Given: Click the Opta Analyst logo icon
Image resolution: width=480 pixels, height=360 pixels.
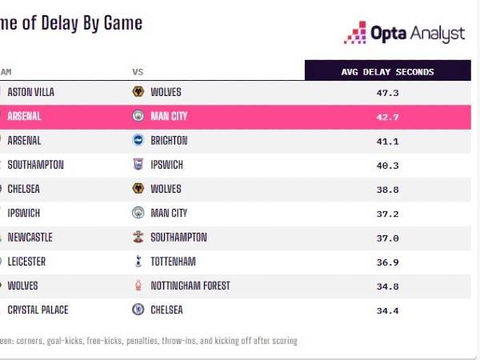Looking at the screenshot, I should pyautogui.click(x=354, y=32).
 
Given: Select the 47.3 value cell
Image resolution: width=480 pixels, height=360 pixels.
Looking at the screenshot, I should pyautogui.click(x=387, y=93).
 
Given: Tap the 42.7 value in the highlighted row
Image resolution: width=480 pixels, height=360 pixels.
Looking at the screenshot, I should pyautogui.click(x=387, y=117).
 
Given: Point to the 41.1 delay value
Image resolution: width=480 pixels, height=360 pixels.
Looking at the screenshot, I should pyautogui.click(x=387, y=141).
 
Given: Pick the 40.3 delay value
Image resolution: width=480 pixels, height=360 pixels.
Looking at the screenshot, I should pyautogui.click(x=387, y=165).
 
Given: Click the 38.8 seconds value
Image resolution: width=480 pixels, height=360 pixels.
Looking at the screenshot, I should pyautogui.click(x=387, y=190).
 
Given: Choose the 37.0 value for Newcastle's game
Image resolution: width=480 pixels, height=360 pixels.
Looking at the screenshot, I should pyautogui.click(x=387, y=238).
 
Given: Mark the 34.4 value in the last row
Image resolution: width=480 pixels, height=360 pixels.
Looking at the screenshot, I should pyautogui.click(x=387, y=310).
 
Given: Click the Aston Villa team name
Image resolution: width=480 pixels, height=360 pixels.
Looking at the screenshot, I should pyautogui.click(x=30, y=93).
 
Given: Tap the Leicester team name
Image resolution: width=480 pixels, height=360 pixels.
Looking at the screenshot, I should pyautogui.click(x=26, y=262).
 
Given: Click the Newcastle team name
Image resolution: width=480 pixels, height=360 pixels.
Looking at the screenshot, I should pyautogui.click(x=30, y=238).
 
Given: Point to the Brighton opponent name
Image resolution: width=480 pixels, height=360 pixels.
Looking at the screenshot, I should pyautogui.click(x=169, y=141).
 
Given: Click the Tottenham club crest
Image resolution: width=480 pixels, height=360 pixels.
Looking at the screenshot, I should pyautogui.click(x=138, y=262).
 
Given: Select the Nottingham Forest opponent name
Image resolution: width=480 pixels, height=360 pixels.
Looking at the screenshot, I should pyautogui.click(x=190, y=286).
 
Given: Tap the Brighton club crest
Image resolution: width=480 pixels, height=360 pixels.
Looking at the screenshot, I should pyautogui.click(x=138, y=141).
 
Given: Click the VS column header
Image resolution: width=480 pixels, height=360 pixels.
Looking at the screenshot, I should pyautogui.click(x=138, y=72).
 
